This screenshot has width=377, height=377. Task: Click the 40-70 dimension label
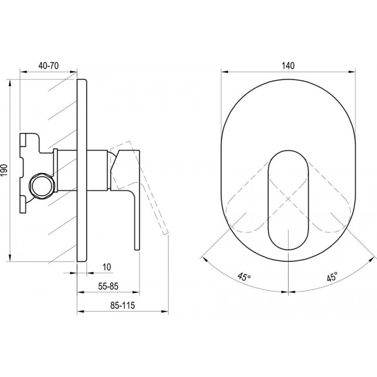(x=48, y=65)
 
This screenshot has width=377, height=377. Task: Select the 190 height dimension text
(x=4, y=170)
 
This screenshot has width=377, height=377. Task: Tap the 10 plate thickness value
(x=107, y=267)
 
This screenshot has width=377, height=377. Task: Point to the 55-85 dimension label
(x=108, y=286)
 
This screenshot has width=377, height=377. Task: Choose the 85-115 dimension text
(x=123, y=305)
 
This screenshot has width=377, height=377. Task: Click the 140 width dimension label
(x=288, y=65)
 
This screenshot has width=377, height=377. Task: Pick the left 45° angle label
(x=244, y=276)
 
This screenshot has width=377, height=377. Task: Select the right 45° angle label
(x=332, y=277)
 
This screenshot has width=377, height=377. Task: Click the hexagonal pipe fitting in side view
(x=42, y=186)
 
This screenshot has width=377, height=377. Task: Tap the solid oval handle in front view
(x=288, y=200)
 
